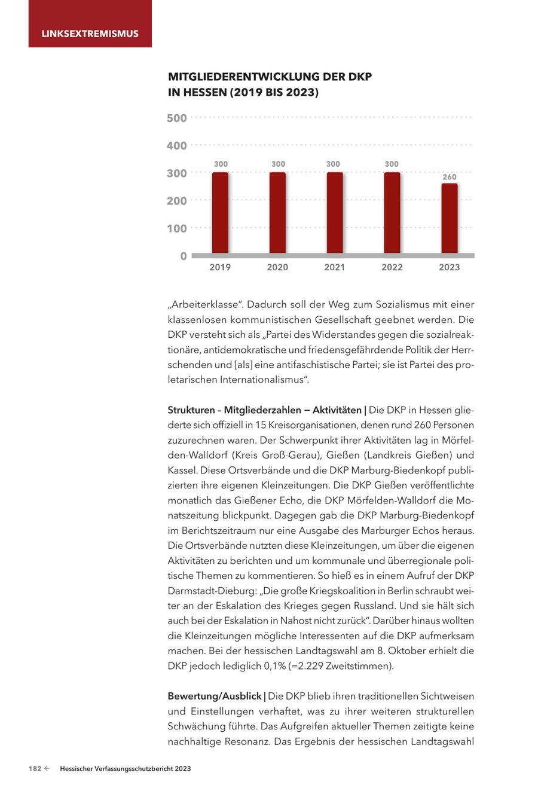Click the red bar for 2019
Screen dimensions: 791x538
point(220,213)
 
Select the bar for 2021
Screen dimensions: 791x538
point(335,213)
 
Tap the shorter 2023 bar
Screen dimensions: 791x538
point(450,218)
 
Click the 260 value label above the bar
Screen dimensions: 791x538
point(450,177)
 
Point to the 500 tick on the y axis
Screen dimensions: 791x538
point(176,118)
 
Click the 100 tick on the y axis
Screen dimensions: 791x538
point(176,228)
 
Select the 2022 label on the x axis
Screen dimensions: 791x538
point(392,268)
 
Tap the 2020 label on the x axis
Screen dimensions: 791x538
point(277,268)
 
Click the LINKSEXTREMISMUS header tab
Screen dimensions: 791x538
point(90,33)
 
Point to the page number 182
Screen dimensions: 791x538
point(35,769)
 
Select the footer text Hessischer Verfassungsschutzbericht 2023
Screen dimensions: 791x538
point(126,769)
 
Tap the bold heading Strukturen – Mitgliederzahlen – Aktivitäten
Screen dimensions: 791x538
point(265,410)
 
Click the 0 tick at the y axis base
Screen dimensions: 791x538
point(183,256)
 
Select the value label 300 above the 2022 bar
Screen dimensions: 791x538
point(392,164)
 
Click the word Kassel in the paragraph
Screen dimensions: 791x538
point(181,470)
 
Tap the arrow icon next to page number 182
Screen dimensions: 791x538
point(47,769)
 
